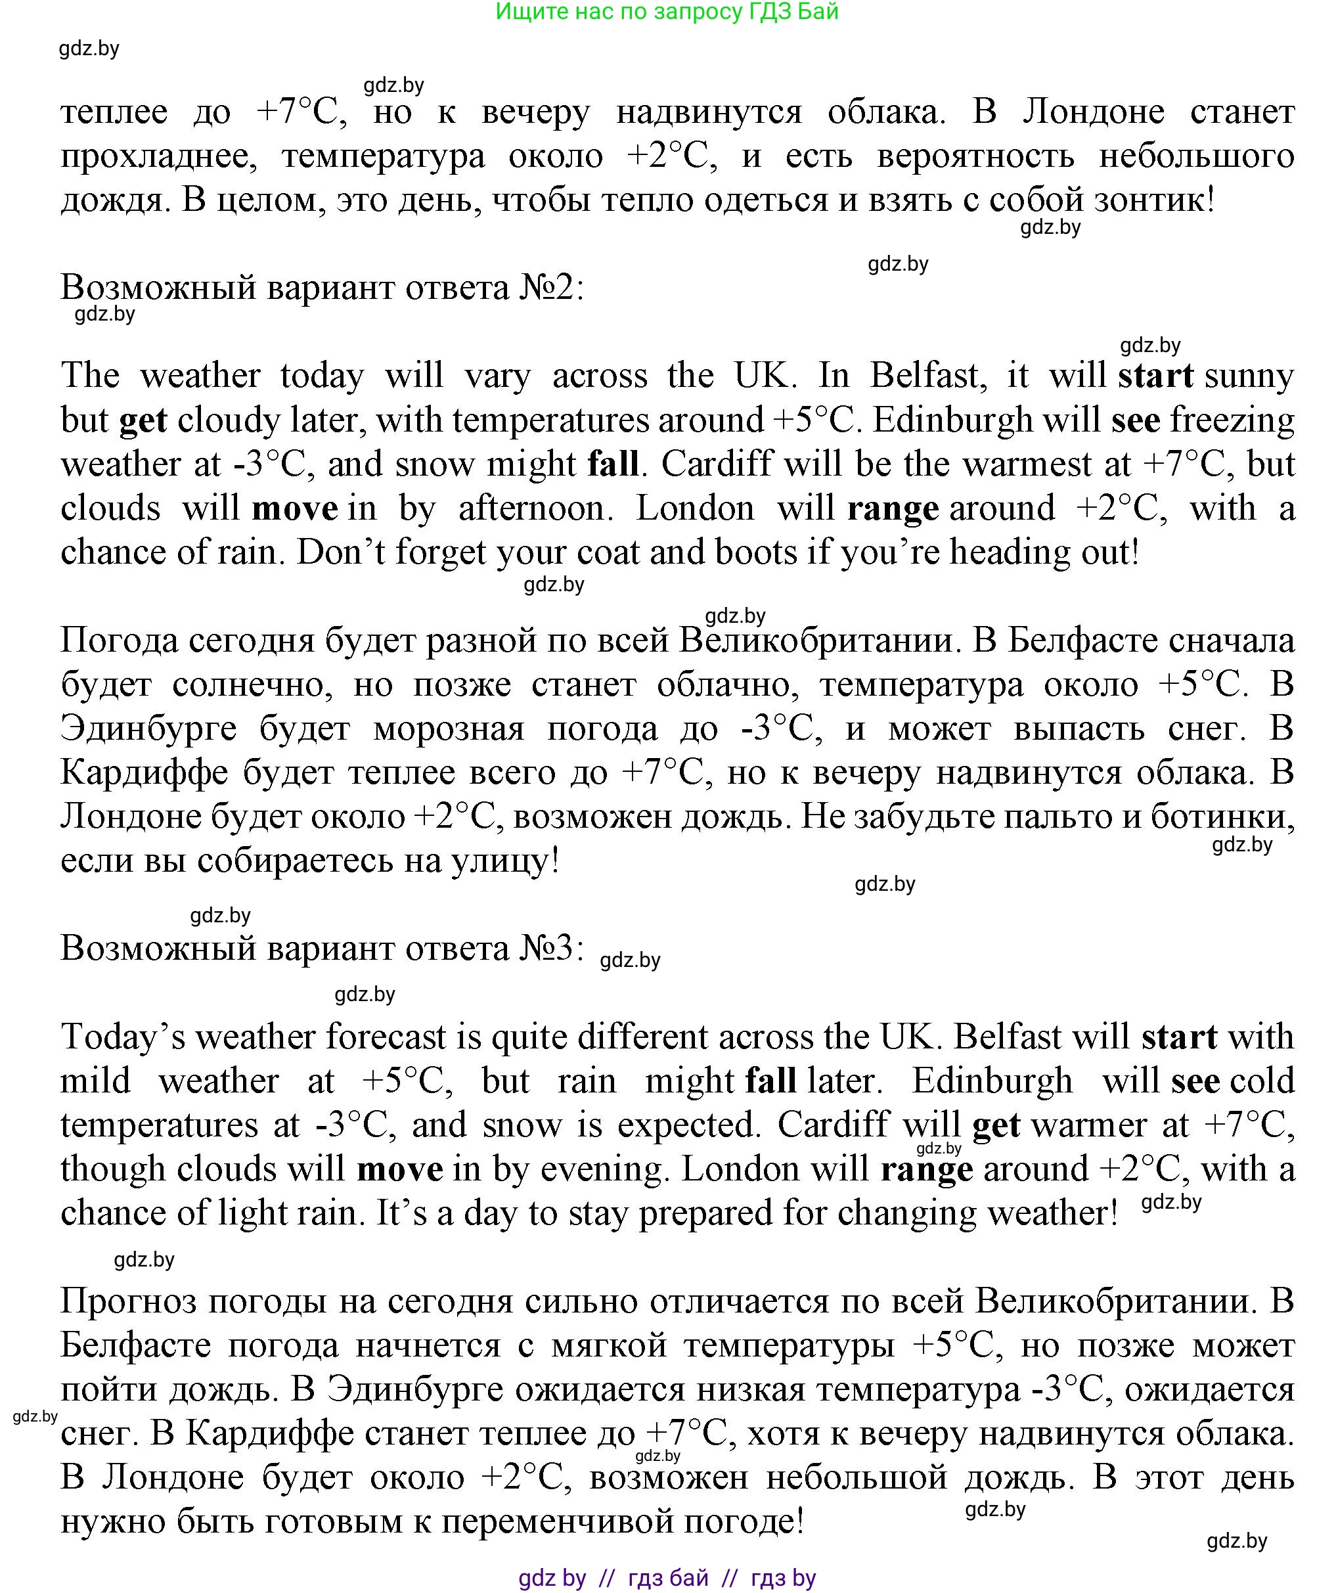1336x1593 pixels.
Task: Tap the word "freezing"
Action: pyautogui.click(x=1232, y=420)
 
